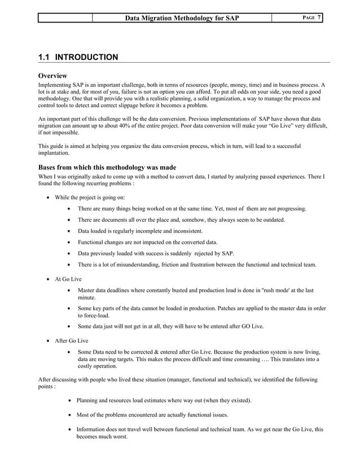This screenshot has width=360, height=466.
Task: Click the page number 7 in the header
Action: [x=319, y=17]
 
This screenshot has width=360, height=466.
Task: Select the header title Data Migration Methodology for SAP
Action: [x=182, y=18]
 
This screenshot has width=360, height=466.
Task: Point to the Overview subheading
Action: [x=52, y=76]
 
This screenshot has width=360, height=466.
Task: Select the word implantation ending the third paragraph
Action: [x=53, y=153]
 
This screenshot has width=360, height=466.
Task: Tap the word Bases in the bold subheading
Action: [x=49, y=168]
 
